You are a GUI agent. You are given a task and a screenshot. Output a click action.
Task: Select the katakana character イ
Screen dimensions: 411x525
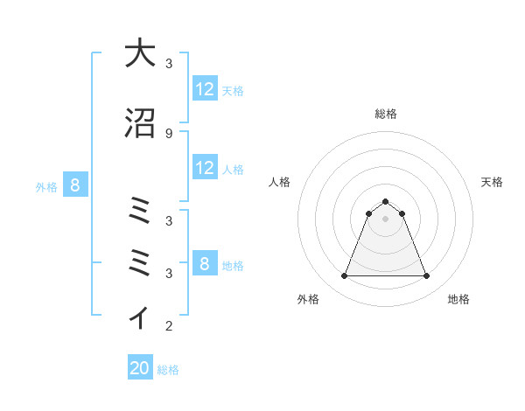(140, 317)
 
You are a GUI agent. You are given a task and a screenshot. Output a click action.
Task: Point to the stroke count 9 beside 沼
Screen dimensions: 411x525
(169, 133)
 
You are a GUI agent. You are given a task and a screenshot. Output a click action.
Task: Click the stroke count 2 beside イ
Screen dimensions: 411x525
(169, 327)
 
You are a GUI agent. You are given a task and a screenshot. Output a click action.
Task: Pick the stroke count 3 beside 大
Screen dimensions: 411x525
(169, 64)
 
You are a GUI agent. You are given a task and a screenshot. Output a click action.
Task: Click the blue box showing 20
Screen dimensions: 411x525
(140, 368)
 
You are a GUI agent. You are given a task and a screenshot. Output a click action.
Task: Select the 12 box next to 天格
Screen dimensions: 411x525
(205, 89)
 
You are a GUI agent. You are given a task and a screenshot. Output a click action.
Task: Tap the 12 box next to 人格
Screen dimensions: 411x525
(205, 168)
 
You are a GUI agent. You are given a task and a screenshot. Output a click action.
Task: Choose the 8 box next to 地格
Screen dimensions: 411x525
(205, 264)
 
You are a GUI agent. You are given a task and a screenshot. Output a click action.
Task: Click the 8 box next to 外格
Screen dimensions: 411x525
(75, 185)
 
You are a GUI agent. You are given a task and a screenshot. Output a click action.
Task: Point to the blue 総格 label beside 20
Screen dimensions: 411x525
(168, 370)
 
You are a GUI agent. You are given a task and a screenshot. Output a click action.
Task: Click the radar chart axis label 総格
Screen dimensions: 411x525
(386, 114)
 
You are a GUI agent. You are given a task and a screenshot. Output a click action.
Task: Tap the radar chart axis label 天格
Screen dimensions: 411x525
(493, 182)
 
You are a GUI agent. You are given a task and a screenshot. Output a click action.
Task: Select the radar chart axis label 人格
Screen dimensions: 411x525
(280, 182)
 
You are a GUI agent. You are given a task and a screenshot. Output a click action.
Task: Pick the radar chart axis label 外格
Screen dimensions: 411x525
(308, 299)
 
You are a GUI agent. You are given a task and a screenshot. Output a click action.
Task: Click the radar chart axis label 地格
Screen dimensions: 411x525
(458, 299)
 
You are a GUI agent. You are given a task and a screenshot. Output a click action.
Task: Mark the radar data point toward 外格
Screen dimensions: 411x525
(344, 276)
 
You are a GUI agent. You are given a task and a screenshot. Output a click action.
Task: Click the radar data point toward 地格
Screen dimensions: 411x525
(427, 276)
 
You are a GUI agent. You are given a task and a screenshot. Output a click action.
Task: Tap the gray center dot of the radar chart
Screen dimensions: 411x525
(386, 219)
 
